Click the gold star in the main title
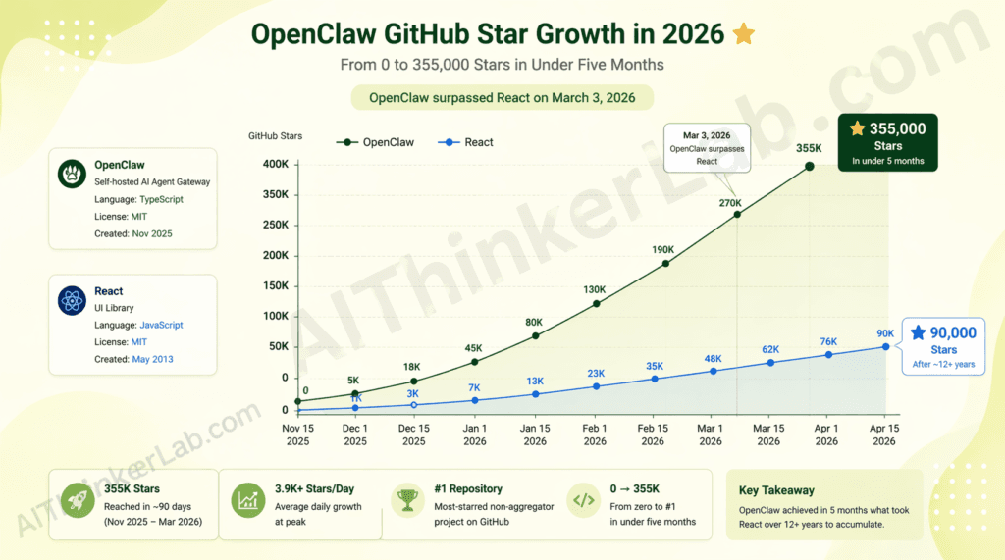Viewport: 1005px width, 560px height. click(744, 34)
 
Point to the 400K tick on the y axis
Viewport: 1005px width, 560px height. click(275, 164)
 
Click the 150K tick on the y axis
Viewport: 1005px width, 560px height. click(275, 285)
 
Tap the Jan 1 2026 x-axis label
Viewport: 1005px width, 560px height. click(475, 434)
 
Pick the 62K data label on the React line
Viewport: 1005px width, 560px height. click(770, 349)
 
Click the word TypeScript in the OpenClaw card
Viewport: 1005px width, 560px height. click(161, 199)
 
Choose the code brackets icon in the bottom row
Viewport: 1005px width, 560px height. click(583, 500)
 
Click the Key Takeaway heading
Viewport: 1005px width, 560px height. click(776, 490)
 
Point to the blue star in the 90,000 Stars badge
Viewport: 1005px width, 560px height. click(918, 333)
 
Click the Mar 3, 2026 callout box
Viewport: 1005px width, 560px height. click(707, 148)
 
